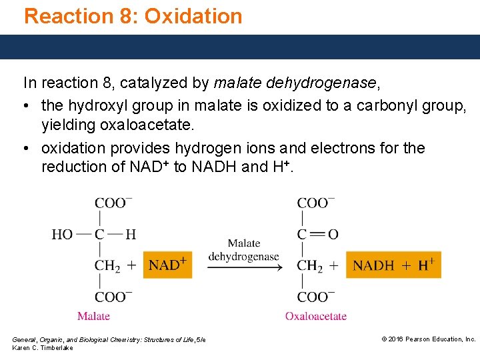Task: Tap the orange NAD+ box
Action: (x=167, y=265)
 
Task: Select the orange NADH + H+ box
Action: (x=393, y=265)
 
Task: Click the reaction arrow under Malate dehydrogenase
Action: (x=243, y=268)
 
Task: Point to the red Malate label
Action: (x=93, y=316)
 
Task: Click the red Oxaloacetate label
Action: (x=316, y=316)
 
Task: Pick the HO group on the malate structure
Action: (x=62, y=234)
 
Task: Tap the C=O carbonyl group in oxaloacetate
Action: (x=317, y=234)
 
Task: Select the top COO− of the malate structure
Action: (x=113, y=203)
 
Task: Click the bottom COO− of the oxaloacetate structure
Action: (x=316, y=297)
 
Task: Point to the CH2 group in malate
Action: (x=107, y=265)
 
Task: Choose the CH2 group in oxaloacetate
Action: (x=310, y=265)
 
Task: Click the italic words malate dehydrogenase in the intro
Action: (x=295, y=83)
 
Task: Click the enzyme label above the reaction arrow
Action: (x=243, y=250)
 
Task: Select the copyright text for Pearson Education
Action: (x=428, y=339)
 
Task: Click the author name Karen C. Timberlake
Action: (x=43, y=348)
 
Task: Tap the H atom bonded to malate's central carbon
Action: (x=131, y=234)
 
